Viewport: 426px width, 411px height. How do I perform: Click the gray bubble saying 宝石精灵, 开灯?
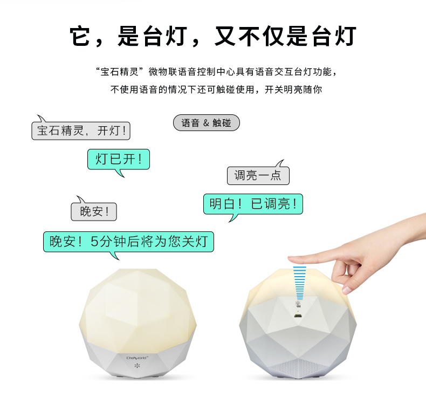pos(81,131)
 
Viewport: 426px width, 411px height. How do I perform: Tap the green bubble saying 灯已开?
pos(119,159)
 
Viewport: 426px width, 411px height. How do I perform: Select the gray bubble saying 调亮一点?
pos(258,175)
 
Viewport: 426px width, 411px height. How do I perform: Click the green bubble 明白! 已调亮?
pos(253,204)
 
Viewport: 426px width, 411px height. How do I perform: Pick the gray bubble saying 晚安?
pos(94,211)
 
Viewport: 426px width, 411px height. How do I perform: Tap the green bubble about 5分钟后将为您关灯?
pos(128,242)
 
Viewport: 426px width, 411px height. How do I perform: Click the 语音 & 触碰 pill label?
pos(207,123)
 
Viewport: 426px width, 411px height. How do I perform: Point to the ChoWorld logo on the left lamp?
pos(137,358)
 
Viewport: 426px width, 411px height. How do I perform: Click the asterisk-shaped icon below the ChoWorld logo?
pos(137,366)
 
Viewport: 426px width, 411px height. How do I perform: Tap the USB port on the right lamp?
pos(298,316)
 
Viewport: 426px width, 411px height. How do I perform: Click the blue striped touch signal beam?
pos(300,283)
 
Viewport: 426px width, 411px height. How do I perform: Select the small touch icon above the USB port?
pos(298,304)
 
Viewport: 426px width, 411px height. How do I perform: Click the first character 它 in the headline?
pos(80,36)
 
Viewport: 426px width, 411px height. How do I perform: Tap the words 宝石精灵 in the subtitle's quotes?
pos(120,72)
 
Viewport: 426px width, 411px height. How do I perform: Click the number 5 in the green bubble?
pos(94,242)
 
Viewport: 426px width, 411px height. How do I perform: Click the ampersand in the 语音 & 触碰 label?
pos(206,123)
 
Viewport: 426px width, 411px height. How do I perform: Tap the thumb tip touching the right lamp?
pos(346,290)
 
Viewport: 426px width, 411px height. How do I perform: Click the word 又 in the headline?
pos(225,36)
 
